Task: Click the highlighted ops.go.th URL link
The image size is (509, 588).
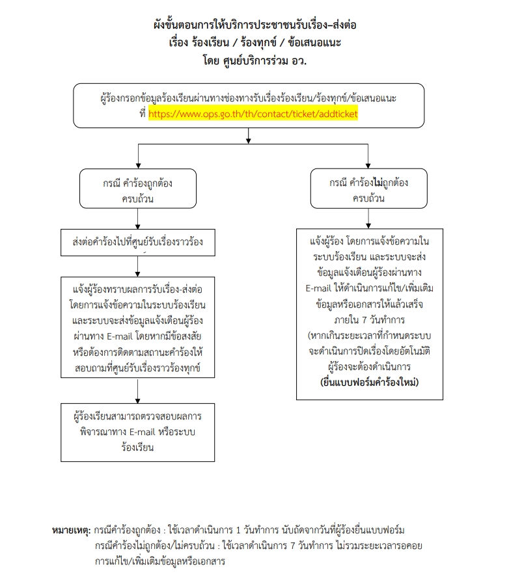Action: tap(253, 113)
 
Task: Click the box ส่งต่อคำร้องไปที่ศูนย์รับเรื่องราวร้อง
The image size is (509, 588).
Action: tap(137, 243)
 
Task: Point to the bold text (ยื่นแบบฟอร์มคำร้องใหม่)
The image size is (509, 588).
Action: tap(370, 382)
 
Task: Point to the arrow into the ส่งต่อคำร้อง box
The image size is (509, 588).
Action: tap(138, 223)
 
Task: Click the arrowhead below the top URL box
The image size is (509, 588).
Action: tap(248, 137)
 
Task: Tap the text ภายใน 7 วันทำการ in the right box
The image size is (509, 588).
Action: tap(369, 320)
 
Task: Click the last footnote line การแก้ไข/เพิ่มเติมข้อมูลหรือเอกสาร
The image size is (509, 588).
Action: tap(159, 561)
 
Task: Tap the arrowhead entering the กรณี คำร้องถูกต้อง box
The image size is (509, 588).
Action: tap(138, 166)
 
